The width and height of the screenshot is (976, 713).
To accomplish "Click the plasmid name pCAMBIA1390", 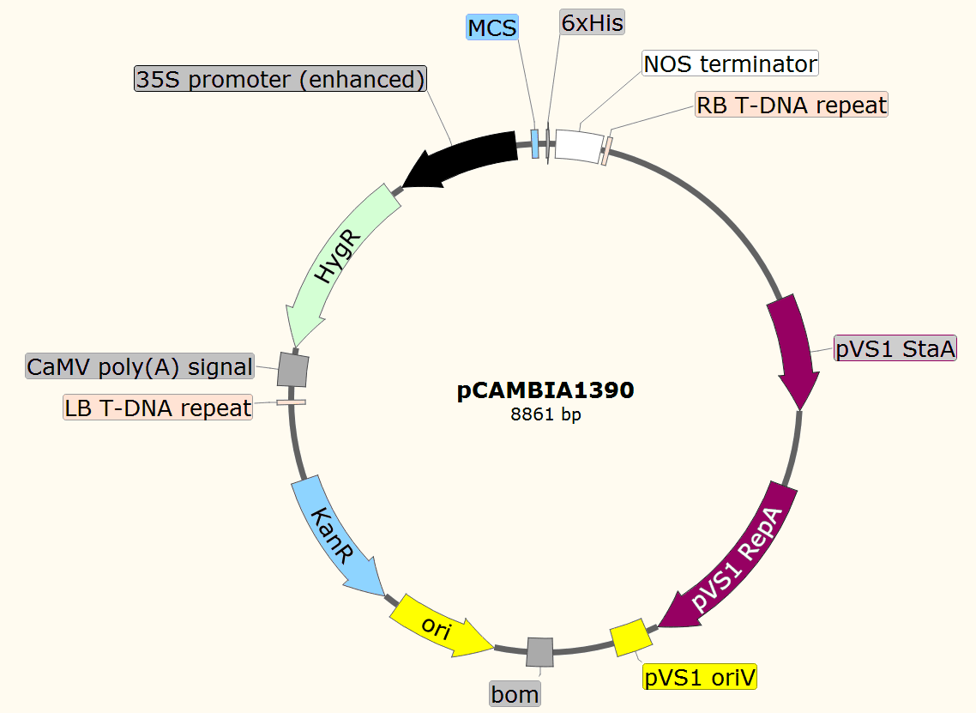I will point(545,391).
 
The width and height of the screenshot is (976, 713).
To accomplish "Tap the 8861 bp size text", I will point(545,415).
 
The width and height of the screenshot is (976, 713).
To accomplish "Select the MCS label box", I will point(492,28).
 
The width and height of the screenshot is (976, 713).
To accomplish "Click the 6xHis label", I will point(592,22).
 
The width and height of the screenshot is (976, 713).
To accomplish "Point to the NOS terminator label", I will point(730,63).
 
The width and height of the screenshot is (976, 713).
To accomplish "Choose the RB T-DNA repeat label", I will point(791,106).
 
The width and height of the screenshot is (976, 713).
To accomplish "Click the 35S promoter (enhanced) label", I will point(280,80).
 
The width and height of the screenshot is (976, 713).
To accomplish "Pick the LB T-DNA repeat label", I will point(158,408).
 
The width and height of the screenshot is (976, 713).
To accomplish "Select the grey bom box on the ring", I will point(539,651).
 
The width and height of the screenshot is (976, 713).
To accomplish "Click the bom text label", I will point(515,693).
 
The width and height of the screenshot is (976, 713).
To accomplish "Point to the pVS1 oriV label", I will point(701,678).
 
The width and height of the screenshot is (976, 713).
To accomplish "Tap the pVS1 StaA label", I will point(895,349).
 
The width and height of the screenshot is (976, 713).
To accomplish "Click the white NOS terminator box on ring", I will point(578,144).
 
